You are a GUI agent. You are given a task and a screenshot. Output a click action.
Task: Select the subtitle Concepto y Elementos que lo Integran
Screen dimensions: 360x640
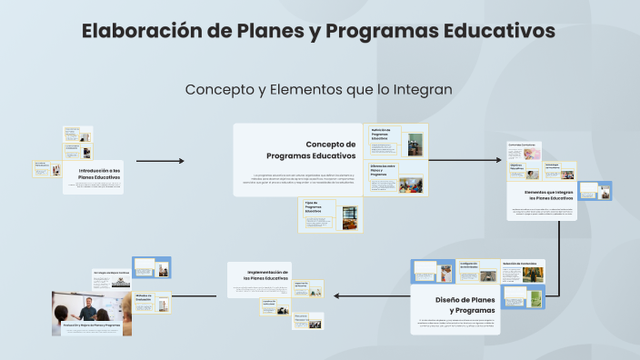pyautogui.click(x=318, y=90)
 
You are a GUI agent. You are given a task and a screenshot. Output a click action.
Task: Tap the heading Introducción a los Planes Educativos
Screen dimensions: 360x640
pyautogui.click(x=99, y=174)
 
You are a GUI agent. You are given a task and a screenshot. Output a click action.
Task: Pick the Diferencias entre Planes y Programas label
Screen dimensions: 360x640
pyautogui.click(x=382, y=171)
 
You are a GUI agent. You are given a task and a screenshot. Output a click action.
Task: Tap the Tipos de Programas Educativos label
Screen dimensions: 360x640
pyautogui.click(x=315, y=207)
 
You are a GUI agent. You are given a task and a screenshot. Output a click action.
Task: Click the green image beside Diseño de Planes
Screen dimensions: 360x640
pyautogui.click(x=536, y=300)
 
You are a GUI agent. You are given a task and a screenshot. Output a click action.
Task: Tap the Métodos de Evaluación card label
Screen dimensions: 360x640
pyautogui.click(x=145, y=298)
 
